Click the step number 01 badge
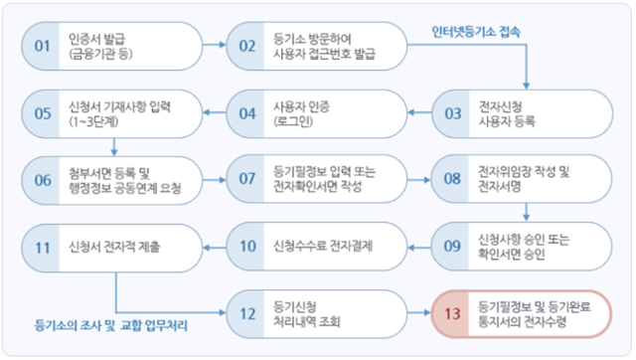pos(42,46)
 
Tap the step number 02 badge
pos(247,46)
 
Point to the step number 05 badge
pos(42,111)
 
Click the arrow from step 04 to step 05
pos(214,111)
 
